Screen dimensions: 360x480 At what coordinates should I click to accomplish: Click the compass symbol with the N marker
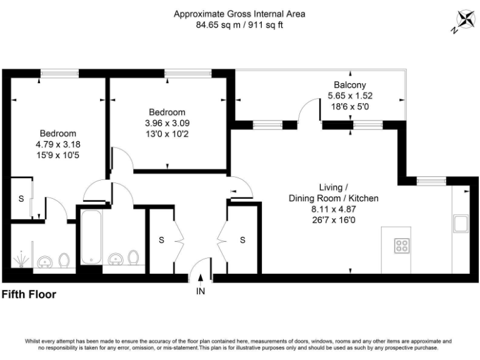[x=463, y=21]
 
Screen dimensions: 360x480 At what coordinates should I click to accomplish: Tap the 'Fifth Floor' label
[x=29, y=294]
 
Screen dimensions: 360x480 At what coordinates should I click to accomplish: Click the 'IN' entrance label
[x=200, y=291]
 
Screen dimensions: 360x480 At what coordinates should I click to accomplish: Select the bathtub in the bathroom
[x=91, y=237]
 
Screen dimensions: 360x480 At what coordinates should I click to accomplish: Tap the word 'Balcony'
[x=350, y=85]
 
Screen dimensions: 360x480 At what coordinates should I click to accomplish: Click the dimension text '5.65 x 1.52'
[x=350, y=96]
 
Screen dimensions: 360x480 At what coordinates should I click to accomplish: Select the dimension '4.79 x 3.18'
[x=58, y=144]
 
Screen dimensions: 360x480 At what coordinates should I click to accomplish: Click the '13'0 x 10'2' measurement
[x=167, y=134]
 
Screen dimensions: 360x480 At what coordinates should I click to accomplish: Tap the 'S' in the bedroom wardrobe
[x=21, y=199]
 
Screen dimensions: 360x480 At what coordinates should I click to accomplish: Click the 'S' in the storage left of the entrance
[x=161, y=240]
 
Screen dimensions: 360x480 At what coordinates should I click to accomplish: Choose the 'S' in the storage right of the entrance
[x=242, y=240]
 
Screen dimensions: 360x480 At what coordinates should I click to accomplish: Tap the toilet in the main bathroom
[x=133, y=257]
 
